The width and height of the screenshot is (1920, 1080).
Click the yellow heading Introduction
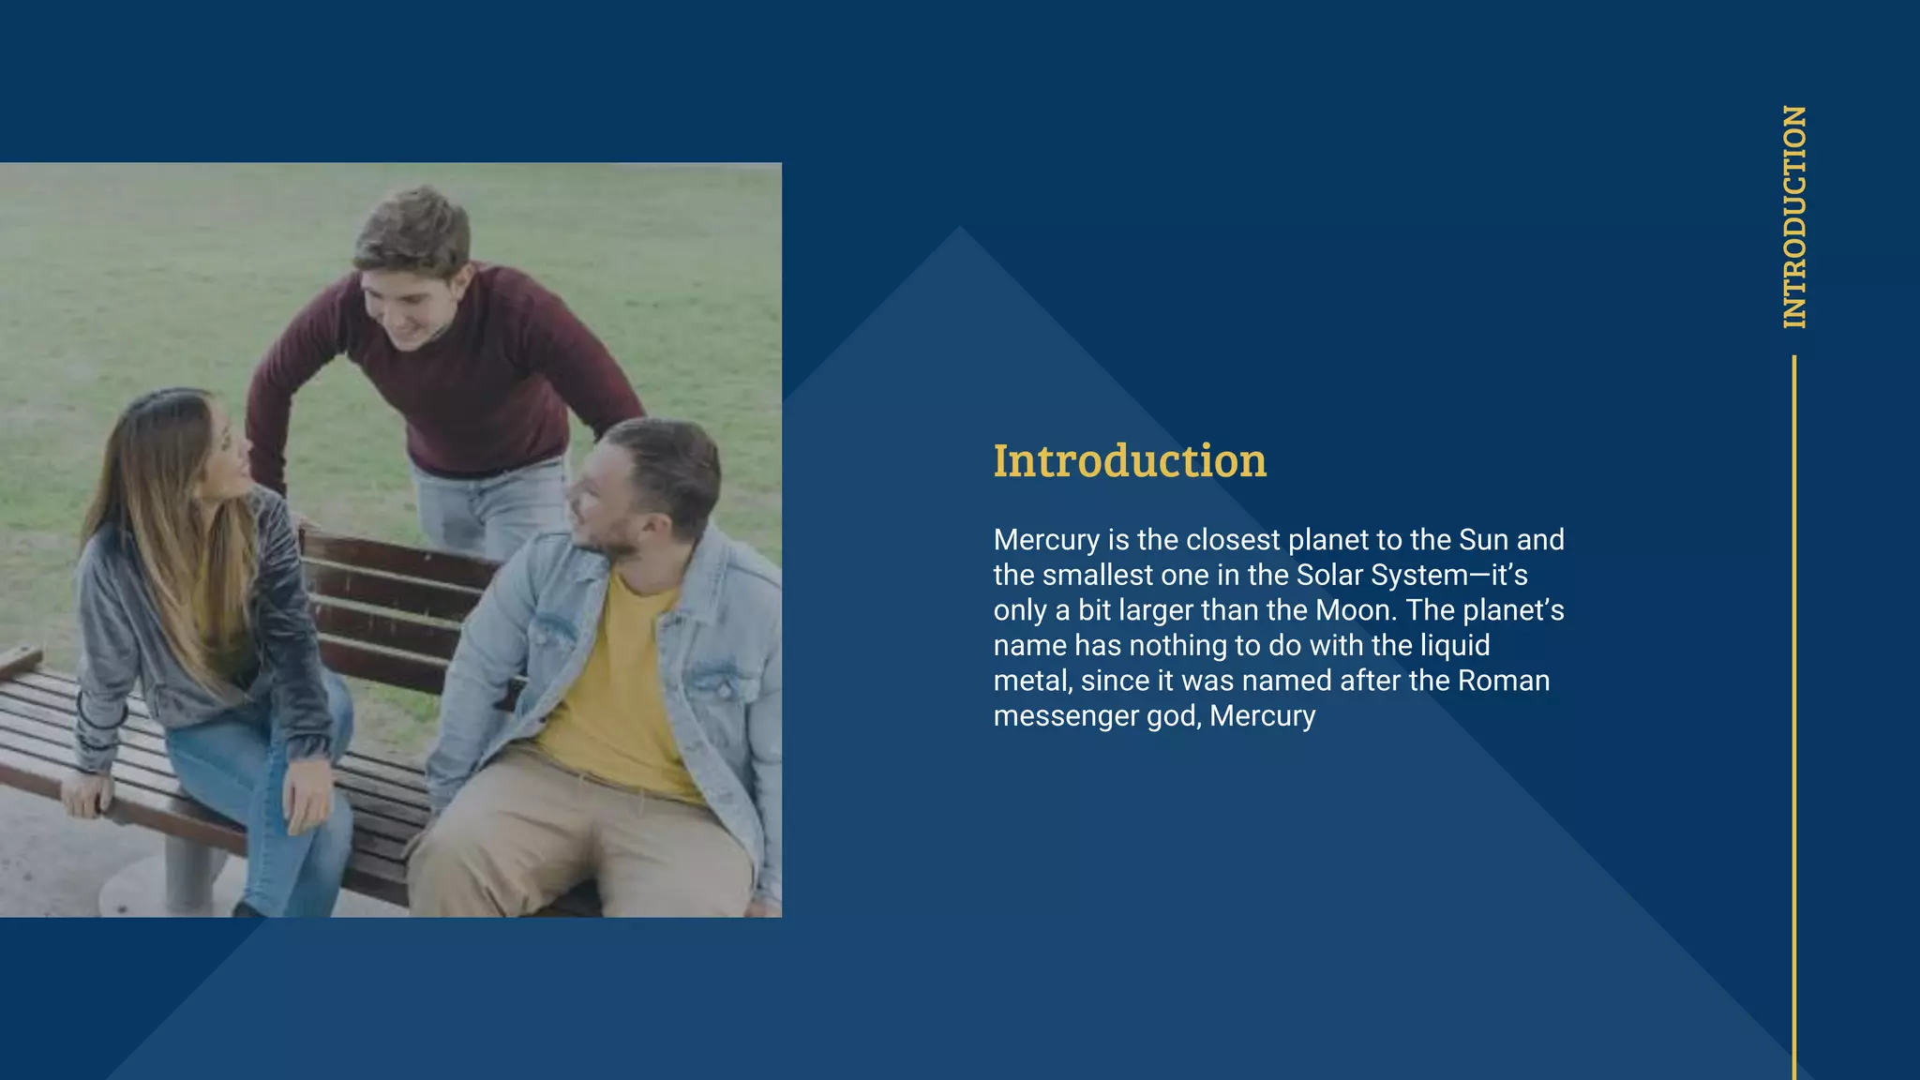click(x=1130, y=461)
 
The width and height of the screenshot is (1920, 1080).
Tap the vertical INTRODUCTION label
click(x=1794, y=217)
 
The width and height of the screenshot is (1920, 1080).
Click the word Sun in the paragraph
click(x=1483, y=540)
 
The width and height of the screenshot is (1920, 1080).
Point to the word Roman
click(x=1504, y=681)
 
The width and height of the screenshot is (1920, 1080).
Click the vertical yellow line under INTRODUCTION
click(x=1794, y=712)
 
